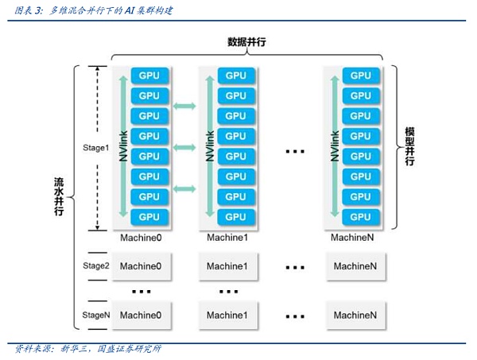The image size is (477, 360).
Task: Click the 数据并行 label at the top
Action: coord(246,42)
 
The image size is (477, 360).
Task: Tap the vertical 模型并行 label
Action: coord(410,146)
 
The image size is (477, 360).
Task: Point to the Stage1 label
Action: coord(95,148)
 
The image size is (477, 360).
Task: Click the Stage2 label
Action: coord(95,265)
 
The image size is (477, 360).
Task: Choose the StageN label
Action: coord(95,315)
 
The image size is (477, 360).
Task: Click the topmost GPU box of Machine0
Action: coord(149,75)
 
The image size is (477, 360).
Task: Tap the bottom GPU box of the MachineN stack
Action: coord(361,216)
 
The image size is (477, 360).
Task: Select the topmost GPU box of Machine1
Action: coord(236,75)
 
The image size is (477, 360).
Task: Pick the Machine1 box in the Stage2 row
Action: coord(228,266)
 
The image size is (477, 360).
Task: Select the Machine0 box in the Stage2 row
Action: coord(141,266)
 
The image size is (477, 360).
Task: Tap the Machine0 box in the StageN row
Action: coord(141,315)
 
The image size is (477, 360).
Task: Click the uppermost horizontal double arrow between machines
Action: coord(184,106)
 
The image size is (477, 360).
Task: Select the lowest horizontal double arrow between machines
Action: coord(184,188)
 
